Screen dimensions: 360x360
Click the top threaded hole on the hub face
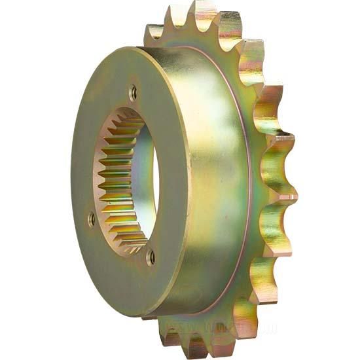(x=134, y=93)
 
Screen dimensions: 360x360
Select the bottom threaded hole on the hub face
(x=151, y=257)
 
